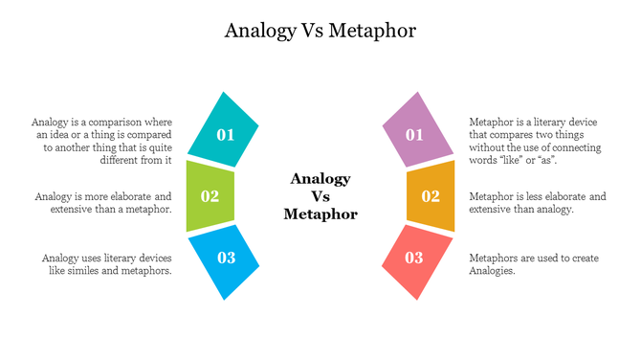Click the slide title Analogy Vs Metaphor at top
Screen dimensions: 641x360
pos(320,31)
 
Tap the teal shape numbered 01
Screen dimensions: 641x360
pos(224,131)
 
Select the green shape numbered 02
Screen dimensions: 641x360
pos(210,196)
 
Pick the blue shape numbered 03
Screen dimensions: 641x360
pos(226,259)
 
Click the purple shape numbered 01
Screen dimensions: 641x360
pos(415,131)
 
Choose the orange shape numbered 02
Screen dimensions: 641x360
pos(431,196)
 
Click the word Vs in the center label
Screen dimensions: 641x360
pos(320,196)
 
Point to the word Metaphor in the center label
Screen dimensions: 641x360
pos(320,214)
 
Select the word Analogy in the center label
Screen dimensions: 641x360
pos(320,179)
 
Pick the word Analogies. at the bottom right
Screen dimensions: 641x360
pos(492,271)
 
